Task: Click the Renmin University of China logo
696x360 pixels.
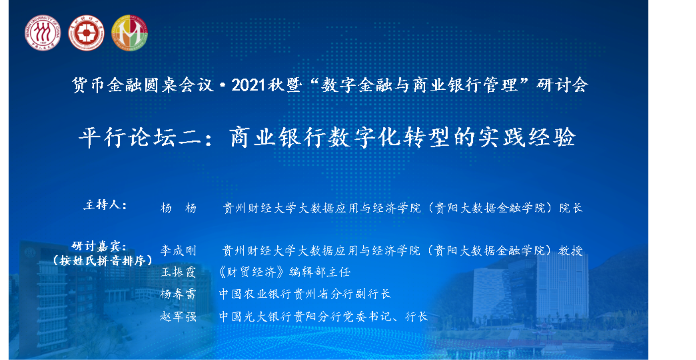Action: (x=42, y=33)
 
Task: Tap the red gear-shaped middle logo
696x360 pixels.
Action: (x=86, y=33)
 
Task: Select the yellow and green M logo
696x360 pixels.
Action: (x=130, y=33)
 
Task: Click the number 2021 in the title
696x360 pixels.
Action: (x=249, y=85)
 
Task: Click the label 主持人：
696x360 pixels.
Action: (x=105, y=205)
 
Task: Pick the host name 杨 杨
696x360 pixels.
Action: (x=178, y=208)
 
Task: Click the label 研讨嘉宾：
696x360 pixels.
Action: (x=99, y=246)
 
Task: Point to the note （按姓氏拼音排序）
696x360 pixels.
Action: (x=103, y=261)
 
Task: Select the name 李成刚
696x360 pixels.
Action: (x=178, y=251)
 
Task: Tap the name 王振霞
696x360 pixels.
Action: (x=178, y=272)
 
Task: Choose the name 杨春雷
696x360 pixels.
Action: (x=178, y=294)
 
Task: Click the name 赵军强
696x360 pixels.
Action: (x=178, y=317)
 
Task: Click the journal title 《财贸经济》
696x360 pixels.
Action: (x=252, y=272)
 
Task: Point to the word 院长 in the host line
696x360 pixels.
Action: (x=571, y=208)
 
